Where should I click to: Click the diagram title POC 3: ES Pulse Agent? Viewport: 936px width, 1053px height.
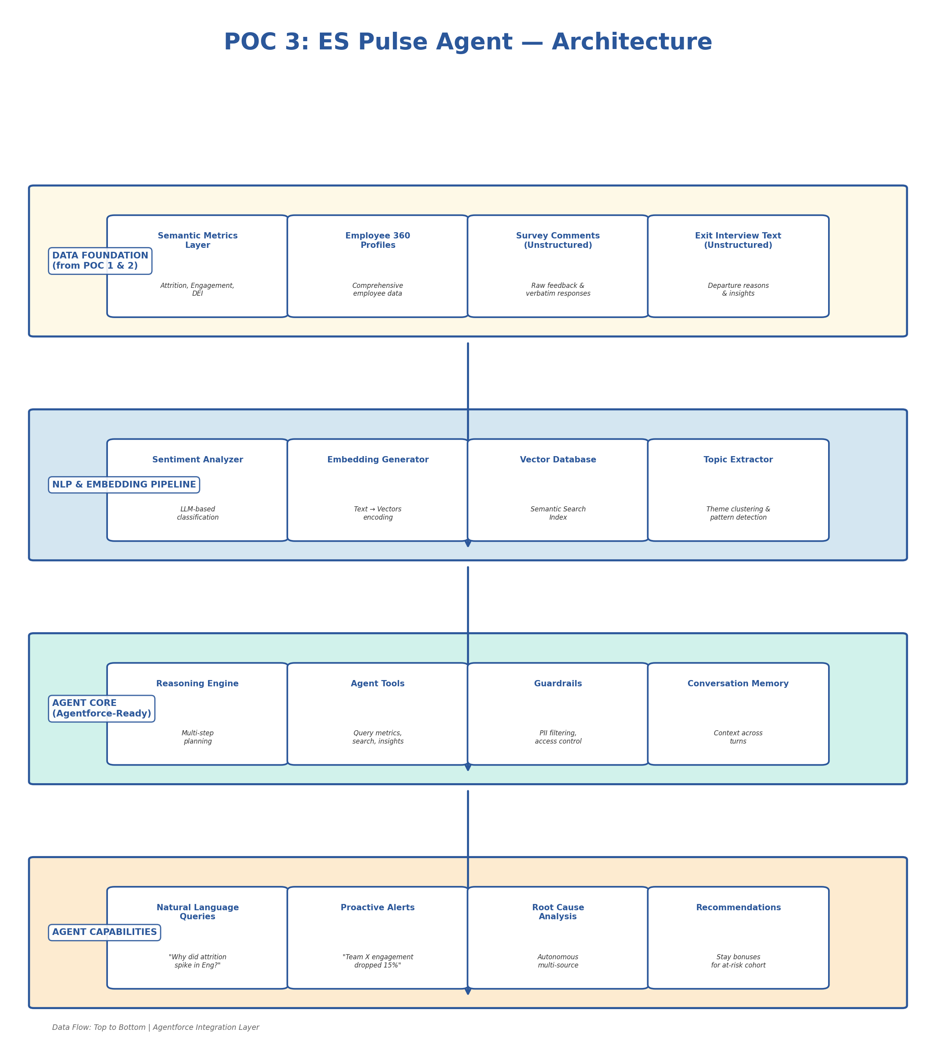click(x=467, y=42)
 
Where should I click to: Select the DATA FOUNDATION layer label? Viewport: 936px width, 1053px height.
click(x=100, y=261)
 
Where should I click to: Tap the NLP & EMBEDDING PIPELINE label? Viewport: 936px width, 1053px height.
click(x=124, y=485)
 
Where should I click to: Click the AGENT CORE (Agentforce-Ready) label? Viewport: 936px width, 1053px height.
click(x=102, y=708)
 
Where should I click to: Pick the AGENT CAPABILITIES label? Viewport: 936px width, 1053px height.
click(x=104, y=932)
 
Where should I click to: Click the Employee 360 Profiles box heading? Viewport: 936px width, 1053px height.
click(x=378, y=240)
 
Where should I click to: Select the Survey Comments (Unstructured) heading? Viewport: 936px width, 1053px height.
click(x=558, y=240)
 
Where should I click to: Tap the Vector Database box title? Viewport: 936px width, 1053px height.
click(x=558, y=460)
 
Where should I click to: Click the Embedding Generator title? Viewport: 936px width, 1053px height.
click(x=378, y=460)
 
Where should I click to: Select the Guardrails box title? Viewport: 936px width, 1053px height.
click(x=558, y=684)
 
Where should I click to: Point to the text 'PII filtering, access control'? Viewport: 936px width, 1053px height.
click(x=558, y=737)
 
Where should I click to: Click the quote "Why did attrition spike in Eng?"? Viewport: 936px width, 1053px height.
click(x=197, y=961)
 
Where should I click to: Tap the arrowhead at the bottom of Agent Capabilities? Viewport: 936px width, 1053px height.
click(x=467, y=991)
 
